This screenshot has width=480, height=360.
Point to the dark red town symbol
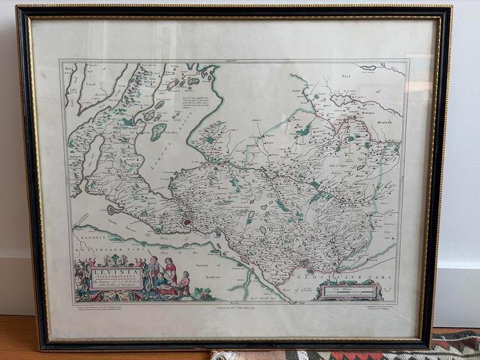[187, 223]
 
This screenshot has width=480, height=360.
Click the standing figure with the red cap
[153, 266]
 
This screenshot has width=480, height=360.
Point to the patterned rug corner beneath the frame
[456, 343]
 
